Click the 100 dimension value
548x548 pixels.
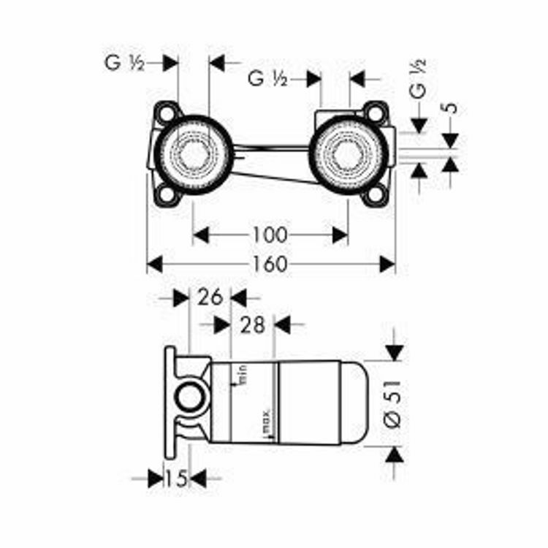(270, 235)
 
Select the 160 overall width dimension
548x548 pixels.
(271, 264)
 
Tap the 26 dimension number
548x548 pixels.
(210, 297)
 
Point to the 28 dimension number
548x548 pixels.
(252, 324)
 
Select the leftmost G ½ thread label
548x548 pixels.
(123, 63)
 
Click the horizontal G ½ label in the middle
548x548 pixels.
(267, 78)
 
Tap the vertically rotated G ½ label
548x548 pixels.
(417, 79)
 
